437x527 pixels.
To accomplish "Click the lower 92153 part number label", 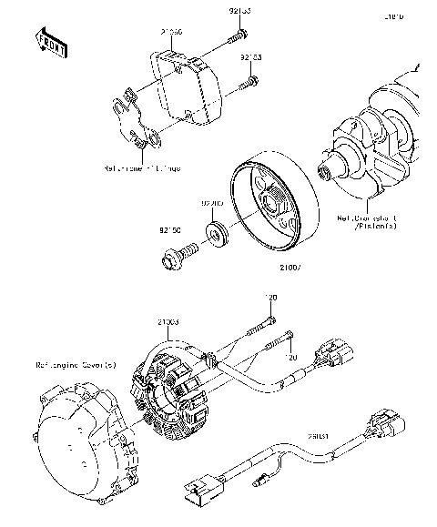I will (252, 56).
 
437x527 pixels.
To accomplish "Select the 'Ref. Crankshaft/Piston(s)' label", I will (369, 222).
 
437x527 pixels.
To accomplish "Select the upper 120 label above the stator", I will (271, 298).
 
